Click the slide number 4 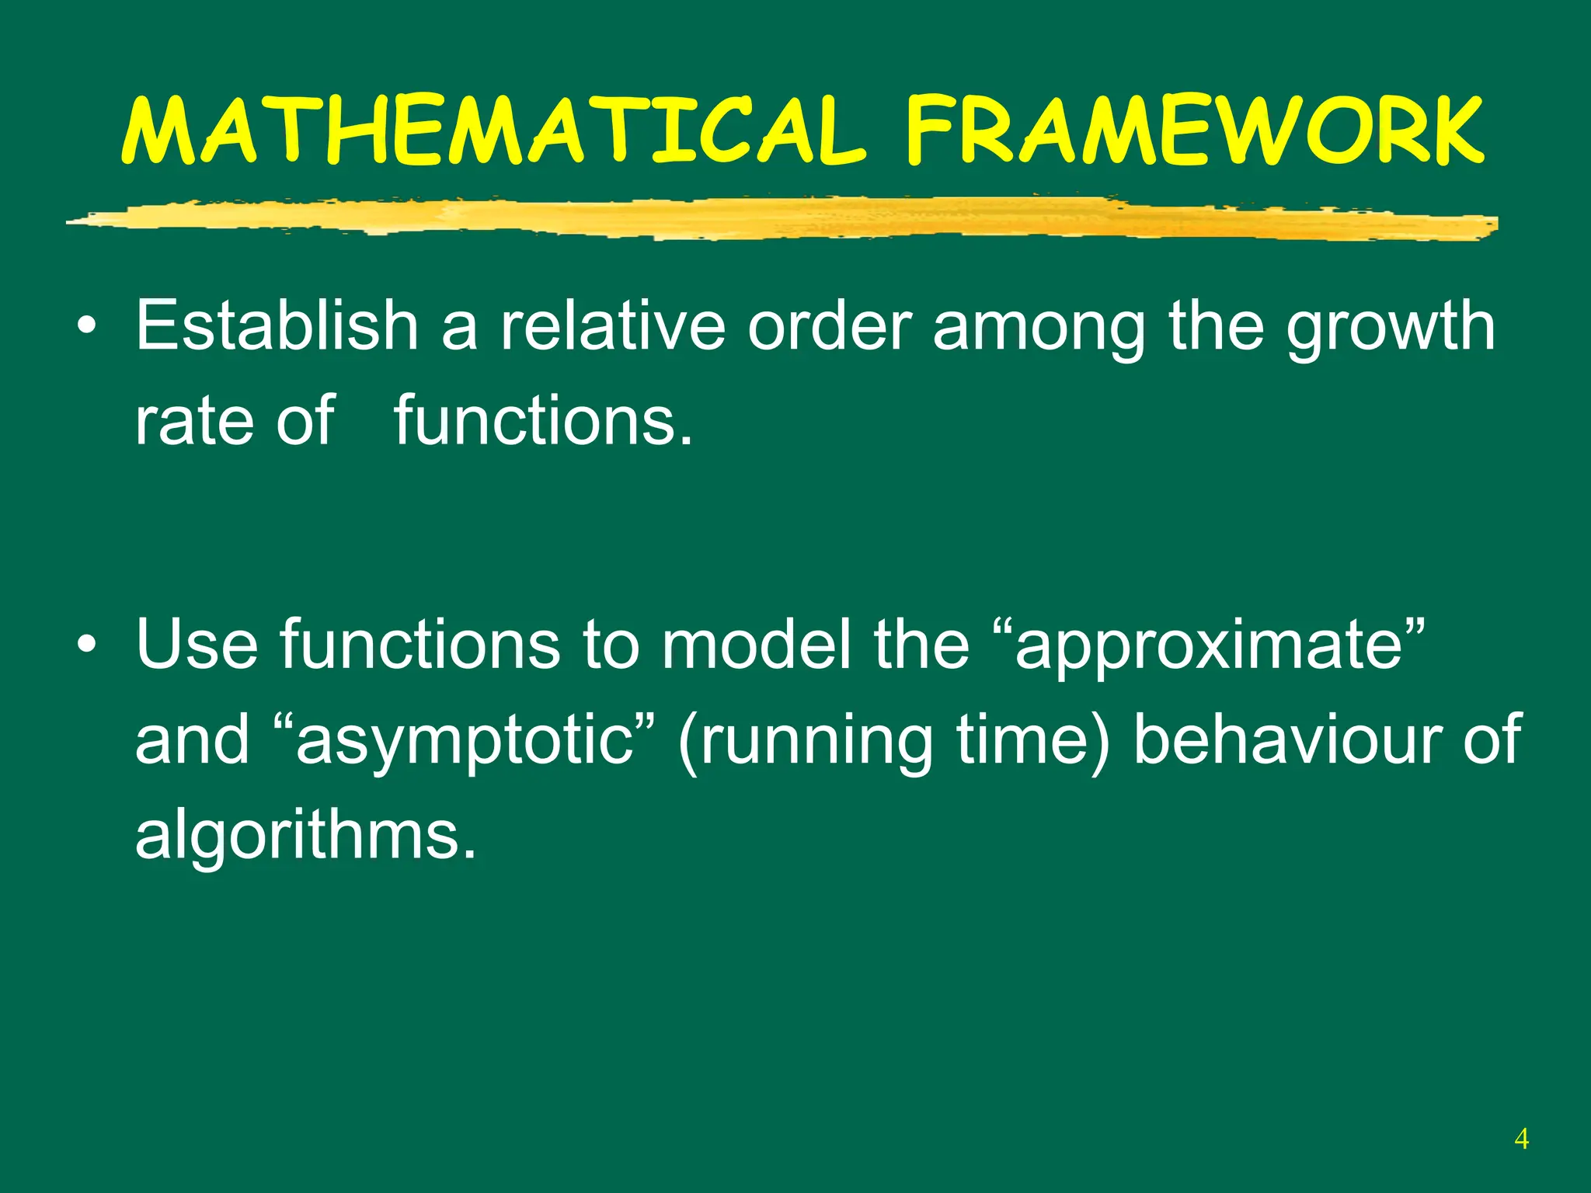click(x=1521, y=1139)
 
